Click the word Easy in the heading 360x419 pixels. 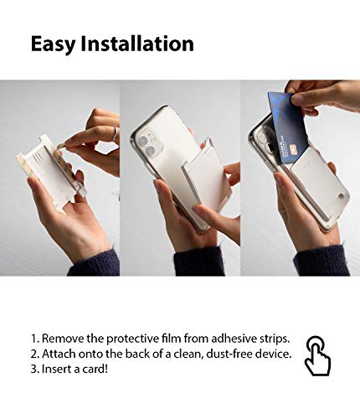54,44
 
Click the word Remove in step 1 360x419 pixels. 64,338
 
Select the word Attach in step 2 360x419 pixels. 61,354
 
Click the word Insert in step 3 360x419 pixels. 59,370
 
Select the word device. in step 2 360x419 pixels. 276,354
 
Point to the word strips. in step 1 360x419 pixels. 272,338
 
